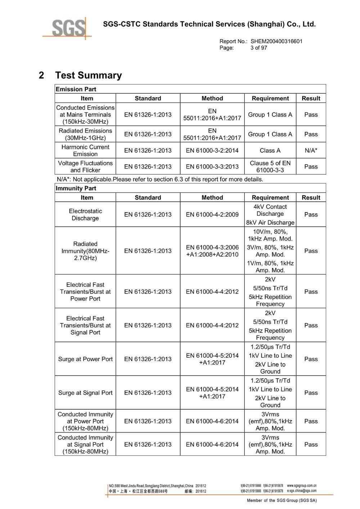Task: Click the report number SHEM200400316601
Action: pos(276,41)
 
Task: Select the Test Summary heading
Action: pos(88,75)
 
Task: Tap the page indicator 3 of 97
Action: pos(259,48)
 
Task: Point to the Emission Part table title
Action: pos(76,89)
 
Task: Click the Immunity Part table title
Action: pos(76,188)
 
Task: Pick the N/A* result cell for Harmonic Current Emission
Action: pos(311,151)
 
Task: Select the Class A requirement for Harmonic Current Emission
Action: pos(270,151)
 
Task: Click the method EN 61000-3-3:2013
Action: pos(212,166)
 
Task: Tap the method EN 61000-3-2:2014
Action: pos(212,151)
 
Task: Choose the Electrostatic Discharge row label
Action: pos(85,214)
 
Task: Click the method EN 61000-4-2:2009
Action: pos(212,214)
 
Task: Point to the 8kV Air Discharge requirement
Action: pos(270,222)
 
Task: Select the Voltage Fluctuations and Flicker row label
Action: pos(85,166)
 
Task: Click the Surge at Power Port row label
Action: pos(85,359)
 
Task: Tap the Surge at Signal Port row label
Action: pos(85,393)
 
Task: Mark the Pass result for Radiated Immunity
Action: pos(311,251)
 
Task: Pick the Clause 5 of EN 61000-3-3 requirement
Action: pos(270,166)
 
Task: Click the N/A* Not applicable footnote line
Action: pos(160,179)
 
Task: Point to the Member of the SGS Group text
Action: pos(282,500)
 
